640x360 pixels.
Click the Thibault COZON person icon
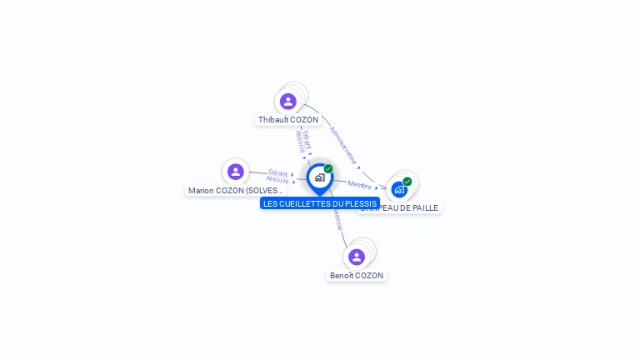pyautogui.click(x=288, y=102)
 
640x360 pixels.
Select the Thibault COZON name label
pyautogui.click(x=287, y=120)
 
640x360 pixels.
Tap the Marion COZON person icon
pyautogui.click(x=236, y=172)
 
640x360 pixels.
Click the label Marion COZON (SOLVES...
pyautogui.click(x=236, y=191)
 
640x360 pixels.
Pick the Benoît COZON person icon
pyautogui.click(x=357, y=257)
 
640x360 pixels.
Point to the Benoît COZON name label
pyautogui.click(x=357, y=276)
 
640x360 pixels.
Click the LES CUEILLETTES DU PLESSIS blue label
pyautogui.click(x=320, y=203)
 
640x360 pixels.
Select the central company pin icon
pyautogui.click(x=319, y=177)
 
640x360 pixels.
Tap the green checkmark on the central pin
pyautogui.click(x=328, y=168)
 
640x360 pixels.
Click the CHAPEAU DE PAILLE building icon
pyautogui.click(x=399, y=190)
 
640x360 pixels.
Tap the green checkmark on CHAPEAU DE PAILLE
pyautogui.click(x=407, y=181)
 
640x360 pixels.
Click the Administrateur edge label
pyautogui.click(x=343, y=143)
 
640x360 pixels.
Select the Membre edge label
pyautogui.click(x=359, y=184)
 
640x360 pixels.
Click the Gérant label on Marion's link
pyautogui.click(x=278, y=172)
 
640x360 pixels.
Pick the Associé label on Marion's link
pyautogui.click(x=277, y=179)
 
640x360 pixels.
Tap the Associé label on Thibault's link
pyautogui.click(x=300, y=141)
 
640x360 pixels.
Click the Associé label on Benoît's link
pyautogui.click(x=337, y=219)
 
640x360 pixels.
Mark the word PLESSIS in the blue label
pyautogui.click(x=361, y=203)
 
